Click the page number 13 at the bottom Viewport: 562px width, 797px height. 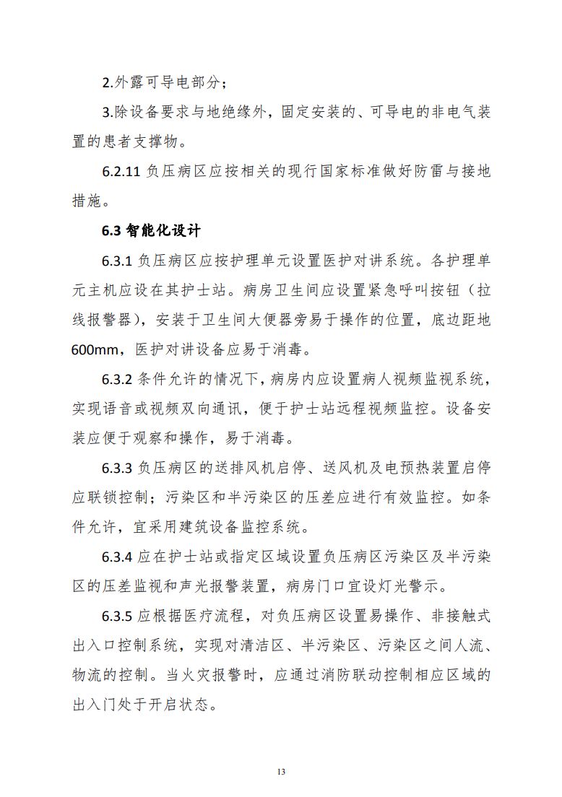click(281, 772)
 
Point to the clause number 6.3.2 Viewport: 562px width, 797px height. click(117, 379)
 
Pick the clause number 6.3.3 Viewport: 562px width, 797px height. click(117, 468)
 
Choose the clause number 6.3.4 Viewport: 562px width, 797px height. click(117, 557)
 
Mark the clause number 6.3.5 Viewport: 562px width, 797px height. click(117, 616)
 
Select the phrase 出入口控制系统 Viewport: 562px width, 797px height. click(122, 645)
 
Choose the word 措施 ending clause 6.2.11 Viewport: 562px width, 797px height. click(88, 201)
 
